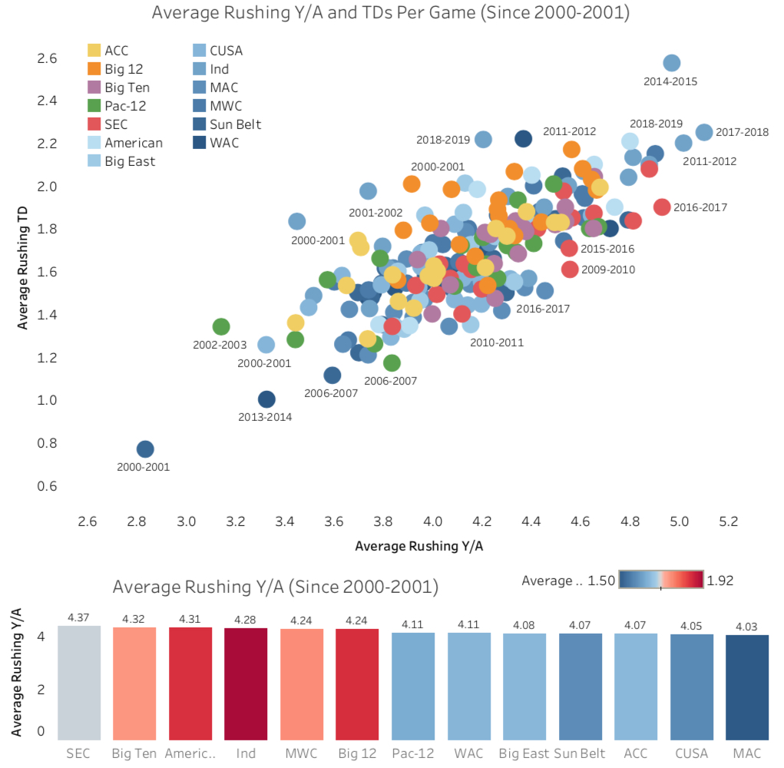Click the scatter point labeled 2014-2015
pyautogui.click(x=672, y=63)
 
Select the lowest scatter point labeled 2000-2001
pyautogui.click(x=145, y=449)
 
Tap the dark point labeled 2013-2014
pyautogui.click(x=266, y=399)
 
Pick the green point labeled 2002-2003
pyautogui.click(x=221, y=326)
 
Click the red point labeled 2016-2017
pyautogui.click(x=662, y=207)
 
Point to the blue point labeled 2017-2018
pyautogui.click(x=704, y=132)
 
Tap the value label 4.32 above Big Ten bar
pyautogui.click(x=134, y=618)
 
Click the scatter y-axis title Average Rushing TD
pyautogui.click(x=22, y=261)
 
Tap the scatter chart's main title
pyautogui.click(x=392, y=13)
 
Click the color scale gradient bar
pyautogui.click(x=661, y=580)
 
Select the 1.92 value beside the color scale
pyautogui.click(x=720, y=581)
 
